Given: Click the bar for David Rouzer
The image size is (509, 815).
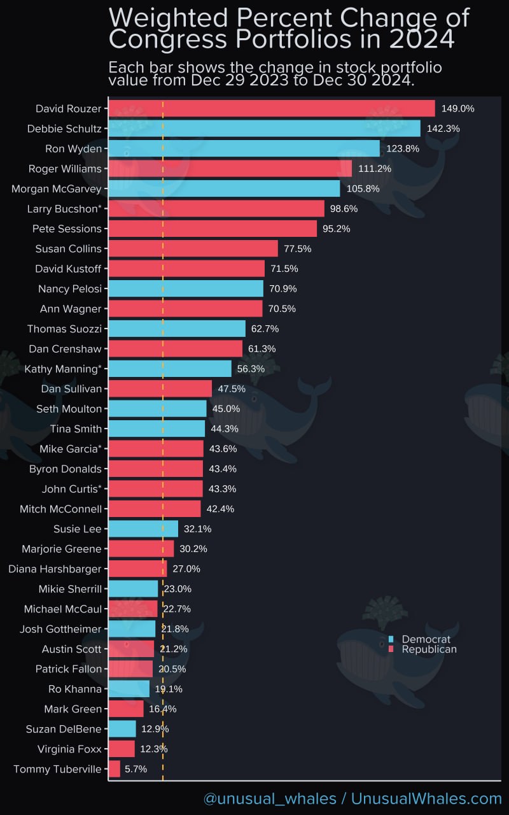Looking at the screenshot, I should tap(272, 108).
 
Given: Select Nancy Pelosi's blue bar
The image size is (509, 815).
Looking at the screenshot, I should tap(186, 288).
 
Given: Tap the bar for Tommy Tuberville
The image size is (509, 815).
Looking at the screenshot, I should tap(115, 769).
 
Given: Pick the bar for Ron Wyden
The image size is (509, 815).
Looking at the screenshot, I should tap(244, 148).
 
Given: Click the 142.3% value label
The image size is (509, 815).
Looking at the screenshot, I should tap(443, 129).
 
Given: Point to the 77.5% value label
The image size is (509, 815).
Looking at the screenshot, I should tap(297, 248).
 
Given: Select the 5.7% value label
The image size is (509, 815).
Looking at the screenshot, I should tap(136, 769).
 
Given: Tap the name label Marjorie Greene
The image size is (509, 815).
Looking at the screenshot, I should tap(61, 549).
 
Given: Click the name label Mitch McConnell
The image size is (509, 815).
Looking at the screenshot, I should tap(60, 509).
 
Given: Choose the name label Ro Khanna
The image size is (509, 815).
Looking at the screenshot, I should tap(74, 689).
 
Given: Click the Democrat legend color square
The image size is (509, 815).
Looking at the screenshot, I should tap(391, 639).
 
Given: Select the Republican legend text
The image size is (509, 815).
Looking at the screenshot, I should tap(429, 649).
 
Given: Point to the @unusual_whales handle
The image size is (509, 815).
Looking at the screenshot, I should tap(270, 798).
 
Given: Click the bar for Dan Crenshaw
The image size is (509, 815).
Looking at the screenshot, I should tap(176, 348).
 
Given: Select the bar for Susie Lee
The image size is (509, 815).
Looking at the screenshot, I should tap(143, 528).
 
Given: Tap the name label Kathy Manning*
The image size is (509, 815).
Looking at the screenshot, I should tap(63, 369).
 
